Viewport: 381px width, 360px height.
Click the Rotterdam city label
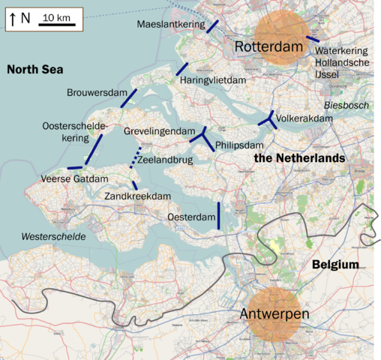click(x=272, y=46)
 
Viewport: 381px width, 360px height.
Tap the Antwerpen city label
click(x=274, y=313)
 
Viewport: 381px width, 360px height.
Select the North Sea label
click(x=34, y=70)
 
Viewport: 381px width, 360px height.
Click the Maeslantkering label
click(x=171, y=25)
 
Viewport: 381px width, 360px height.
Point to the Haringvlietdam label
click(x=214, y=79)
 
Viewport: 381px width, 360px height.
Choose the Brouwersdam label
click(x=97, y=92)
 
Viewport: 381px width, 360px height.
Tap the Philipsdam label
click(x=239, y=145)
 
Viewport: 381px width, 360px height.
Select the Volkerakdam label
click(x=304, y=118)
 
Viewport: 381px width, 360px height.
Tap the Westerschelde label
click(x=53, y=236)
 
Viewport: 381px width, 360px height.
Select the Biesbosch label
click(x=346, y=106)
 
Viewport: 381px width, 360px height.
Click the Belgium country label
click(x=335, y=265)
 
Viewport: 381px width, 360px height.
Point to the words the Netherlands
click(x=299, y=158)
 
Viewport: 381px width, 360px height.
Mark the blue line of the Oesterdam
click(x=218, y=215)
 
